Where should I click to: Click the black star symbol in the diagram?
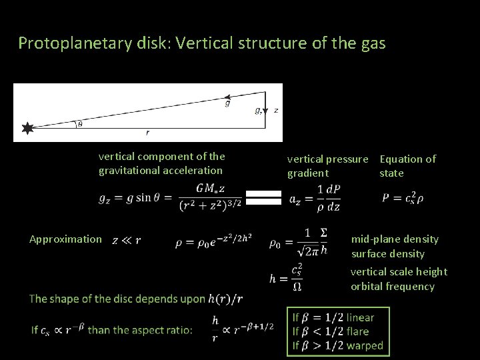point(27,129)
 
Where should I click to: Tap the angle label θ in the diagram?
point(81,123)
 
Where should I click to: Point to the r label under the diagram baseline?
point(147,133)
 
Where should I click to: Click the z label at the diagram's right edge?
point(276,109)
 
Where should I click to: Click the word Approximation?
point(66,239)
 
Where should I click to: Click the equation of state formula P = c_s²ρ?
point(403,197)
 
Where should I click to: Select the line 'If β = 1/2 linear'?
point(333,317)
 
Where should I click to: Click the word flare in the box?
point(357,331)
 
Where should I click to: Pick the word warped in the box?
point(365,345)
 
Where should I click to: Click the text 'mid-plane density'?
point(395,239)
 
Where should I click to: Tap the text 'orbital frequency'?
point(393,287)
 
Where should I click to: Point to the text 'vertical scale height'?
point(399,271)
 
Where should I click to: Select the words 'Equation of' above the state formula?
point(407,159)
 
